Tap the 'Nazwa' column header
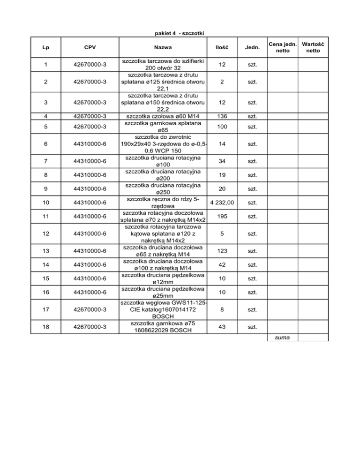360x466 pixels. point(163,48)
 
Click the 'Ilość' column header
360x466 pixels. point(221,48)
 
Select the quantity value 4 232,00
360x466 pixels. point(222,203)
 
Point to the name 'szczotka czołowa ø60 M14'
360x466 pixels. point(163,116)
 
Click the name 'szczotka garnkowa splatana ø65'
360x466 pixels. point(163,127)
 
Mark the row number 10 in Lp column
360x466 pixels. point(45,203)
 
